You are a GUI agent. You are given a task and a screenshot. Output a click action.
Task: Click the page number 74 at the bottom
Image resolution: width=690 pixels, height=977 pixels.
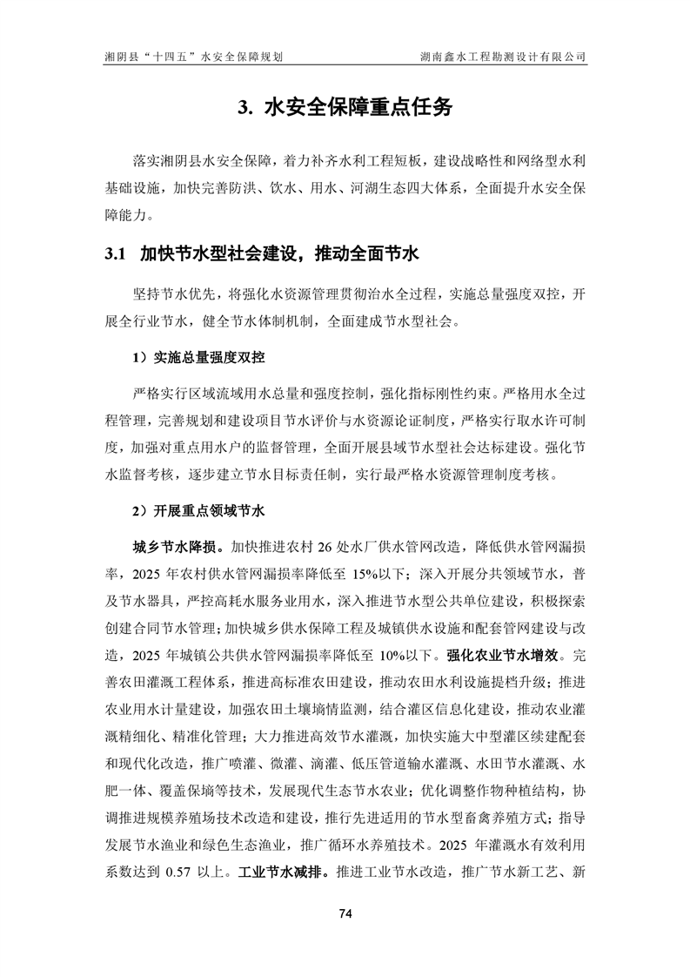(x=345, y=913)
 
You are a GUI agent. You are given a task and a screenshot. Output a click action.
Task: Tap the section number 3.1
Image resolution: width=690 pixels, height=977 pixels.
(x=117, y=255)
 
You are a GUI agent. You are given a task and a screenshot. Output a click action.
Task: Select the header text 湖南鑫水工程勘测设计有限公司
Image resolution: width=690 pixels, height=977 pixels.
(x=502, y=57)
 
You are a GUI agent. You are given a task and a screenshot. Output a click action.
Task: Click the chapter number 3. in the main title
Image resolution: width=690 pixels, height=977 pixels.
(x=245, y=108)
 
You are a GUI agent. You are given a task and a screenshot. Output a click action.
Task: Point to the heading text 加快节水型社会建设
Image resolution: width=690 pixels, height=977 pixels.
(x=212, y=255)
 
